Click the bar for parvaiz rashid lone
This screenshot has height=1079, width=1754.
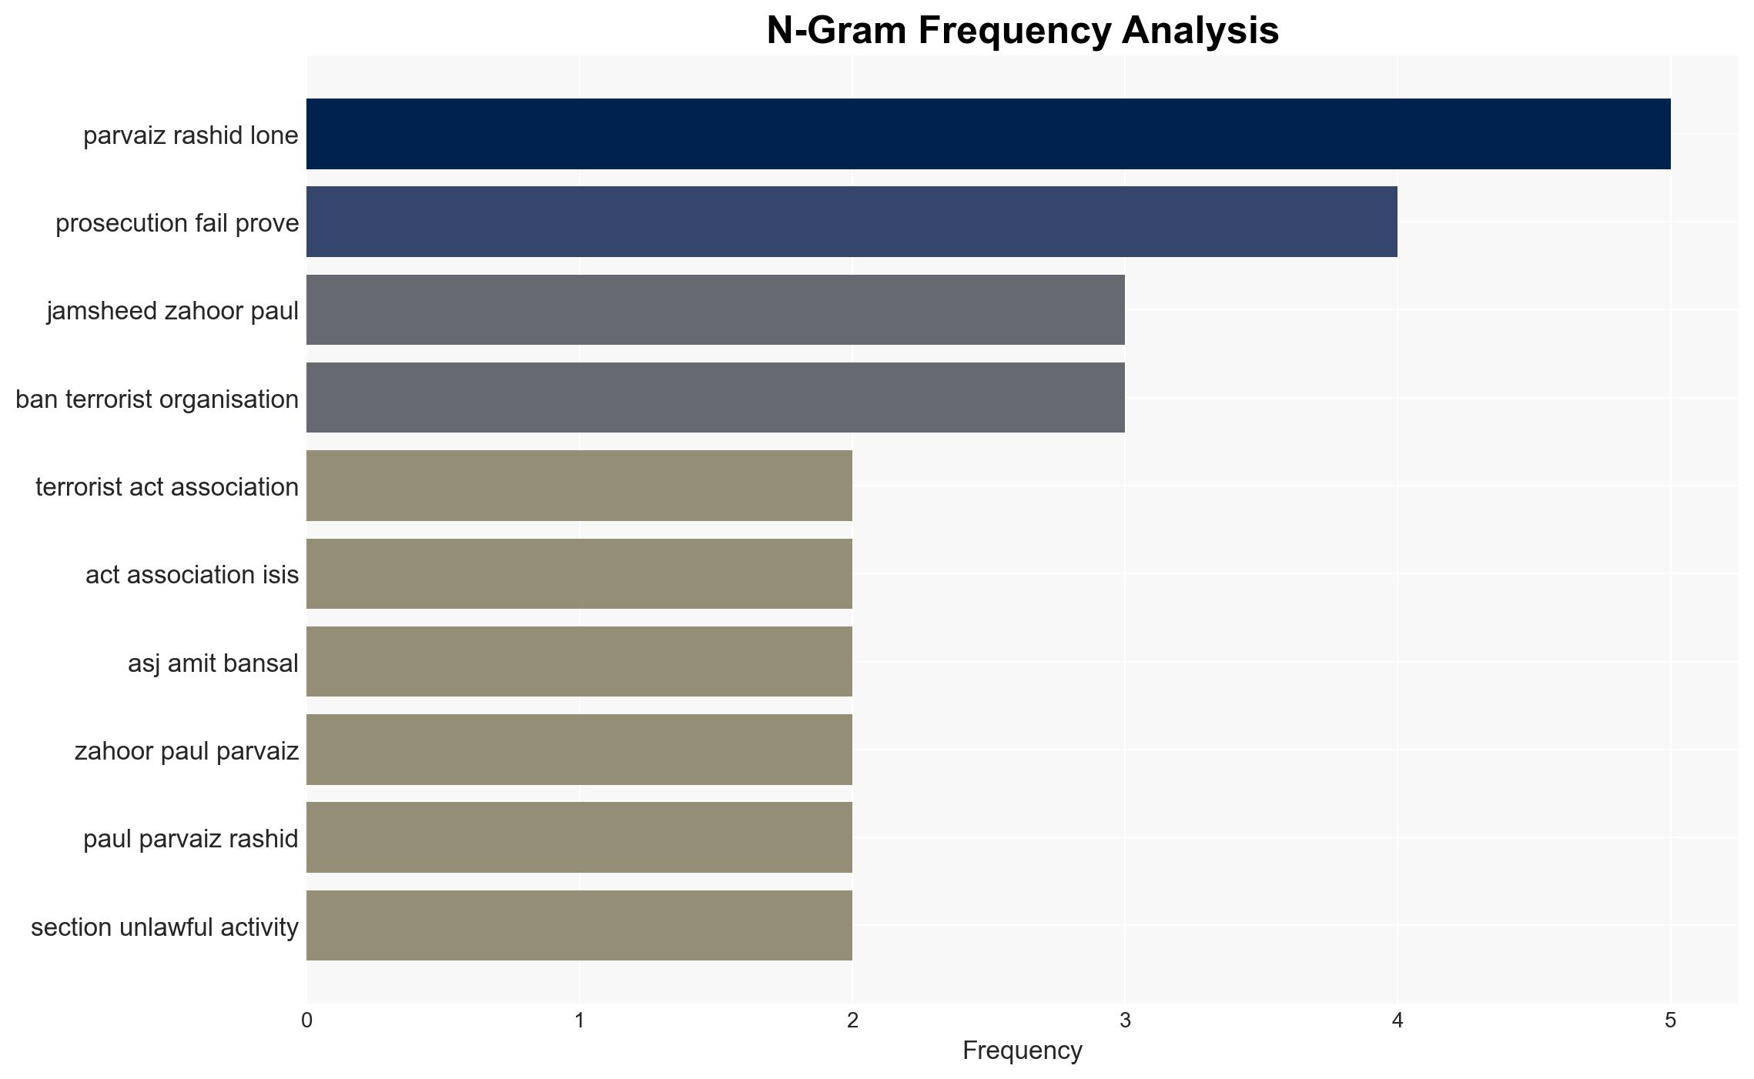coord(989,134)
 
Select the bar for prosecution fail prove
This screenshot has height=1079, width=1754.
coord(852,222)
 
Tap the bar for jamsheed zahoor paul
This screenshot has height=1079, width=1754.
coord(715,309)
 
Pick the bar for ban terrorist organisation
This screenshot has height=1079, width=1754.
coord(715,398)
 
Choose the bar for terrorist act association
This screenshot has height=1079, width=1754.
coord(579,486)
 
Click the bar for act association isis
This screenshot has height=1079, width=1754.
coord(579,573)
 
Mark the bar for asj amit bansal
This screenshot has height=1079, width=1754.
coord(579,661)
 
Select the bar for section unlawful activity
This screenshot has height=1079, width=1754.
coord(579,925)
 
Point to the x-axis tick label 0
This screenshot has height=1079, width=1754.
coord(306,1021)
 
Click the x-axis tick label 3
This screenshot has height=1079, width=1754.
coord(1125,1021)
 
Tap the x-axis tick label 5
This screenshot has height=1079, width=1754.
coord(1670,1021)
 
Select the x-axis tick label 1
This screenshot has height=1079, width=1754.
coord(579,1021)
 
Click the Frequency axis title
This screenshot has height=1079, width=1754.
coord(1023,1051)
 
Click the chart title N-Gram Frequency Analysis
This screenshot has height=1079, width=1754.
coord(1023,31)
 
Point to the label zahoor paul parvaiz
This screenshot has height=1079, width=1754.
coord(186,750)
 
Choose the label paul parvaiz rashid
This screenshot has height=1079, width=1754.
coord(191,838)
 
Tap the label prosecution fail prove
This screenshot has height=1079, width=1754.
coord(177,222)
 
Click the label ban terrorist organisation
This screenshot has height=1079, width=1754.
coord(157,399)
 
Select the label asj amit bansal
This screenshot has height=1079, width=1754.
coord(213,663)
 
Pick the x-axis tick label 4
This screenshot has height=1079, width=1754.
coord(1398,1021)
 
